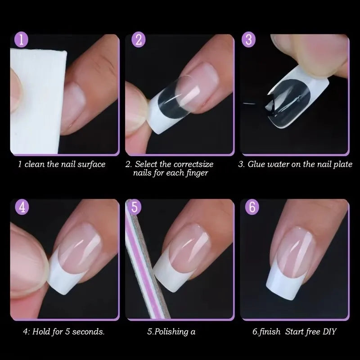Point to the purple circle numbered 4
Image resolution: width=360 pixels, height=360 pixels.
(x=22, y=208)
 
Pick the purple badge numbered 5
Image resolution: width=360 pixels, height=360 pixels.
(x=135, y=208)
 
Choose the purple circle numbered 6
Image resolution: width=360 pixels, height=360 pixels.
(x=252, y=208)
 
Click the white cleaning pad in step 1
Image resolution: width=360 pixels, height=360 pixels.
(x=34, y=90)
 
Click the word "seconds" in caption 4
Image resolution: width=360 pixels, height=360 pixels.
(x=88, y=333)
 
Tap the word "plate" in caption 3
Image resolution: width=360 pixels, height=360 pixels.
(x=342, y=164)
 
